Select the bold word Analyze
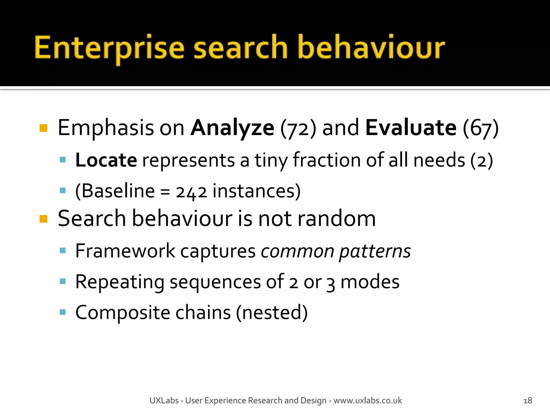click(x=232, y=128)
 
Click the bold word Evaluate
click(x=411, y=128)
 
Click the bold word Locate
click(x=106, y=160)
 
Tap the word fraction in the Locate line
click(x=327, y=160)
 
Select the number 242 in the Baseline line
click(x=191, y=192)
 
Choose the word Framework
click(x=125, y=251)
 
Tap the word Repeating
click(x=120, y=282)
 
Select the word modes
click(x=370, y=282)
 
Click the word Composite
click(x=123, y=313)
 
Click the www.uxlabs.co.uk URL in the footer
click(x=368, y=400)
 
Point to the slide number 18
click(x=527, y=400)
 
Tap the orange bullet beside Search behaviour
click(x=43, y=219)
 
